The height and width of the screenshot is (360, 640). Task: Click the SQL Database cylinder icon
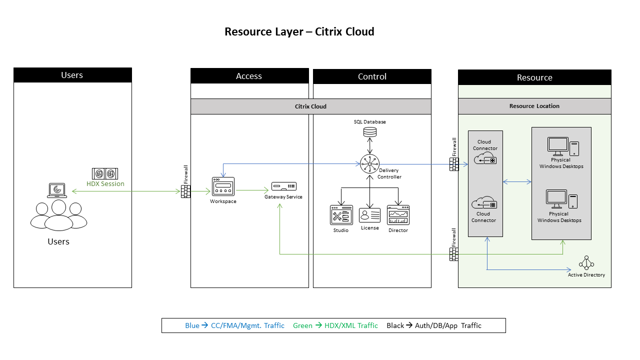(370, 132)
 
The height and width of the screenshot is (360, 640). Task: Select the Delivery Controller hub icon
(370, 164)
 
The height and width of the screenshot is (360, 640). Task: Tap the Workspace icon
(223, 187)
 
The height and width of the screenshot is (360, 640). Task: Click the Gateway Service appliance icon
(283, 186)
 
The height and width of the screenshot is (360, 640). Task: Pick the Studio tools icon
(341, 215)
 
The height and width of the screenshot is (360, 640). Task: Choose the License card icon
(369, 215)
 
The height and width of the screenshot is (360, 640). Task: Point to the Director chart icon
(398, 215)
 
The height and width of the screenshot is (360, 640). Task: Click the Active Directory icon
(586, 263)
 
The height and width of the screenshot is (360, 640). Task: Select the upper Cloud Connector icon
(484, 158)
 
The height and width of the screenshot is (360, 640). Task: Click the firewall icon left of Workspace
(185, 191)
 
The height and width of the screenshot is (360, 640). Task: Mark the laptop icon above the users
(57, 190)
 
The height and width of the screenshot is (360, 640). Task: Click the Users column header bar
(72, 75)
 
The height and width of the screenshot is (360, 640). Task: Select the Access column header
(249, 76)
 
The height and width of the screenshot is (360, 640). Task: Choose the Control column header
(372, 76)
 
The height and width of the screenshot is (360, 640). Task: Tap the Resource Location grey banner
(534, 106)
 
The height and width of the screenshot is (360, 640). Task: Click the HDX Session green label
(105, 183)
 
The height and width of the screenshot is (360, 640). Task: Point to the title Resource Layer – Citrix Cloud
(299, 31)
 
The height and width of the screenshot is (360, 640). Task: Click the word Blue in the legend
(192, 325)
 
